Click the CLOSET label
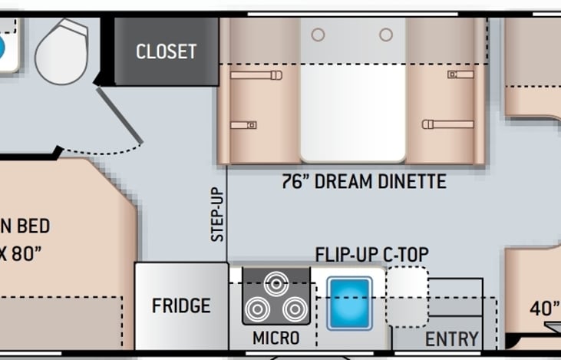coord(166,51)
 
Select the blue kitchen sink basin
coord(349,302)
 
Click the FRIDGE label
coord(181,306)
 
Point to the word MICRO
coord(276,338)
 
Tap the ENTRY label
coord(452,339)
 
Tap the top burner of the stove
coord(276,282)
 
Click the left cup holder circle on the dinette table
coord(318,35)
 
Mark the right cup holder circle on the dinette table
coord(386,35)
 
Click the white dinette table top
coord(352,100)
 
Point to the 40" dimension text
coord(545,308)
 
